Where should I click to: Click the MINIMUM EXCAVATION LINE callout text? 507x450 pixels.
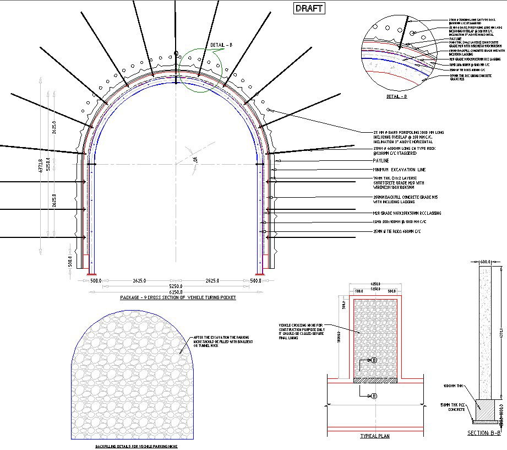tap(399, 170)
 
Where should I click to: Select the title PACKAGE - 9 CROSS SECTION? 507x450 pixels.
tap(178, 297)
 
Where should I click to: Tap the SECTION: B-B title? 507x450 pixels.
tap(484, 433)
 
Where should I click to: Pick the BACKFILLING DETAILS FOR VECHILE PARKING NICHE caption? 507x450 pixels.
tap(137, 447)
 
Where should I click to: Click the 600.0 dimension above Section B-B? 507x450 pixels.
tap(485, 262)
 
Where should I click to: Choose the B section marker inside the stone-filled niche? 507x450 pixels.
tap(374, 360)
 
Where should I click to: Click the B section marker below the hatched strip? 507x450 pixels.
tap(374, 395)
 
